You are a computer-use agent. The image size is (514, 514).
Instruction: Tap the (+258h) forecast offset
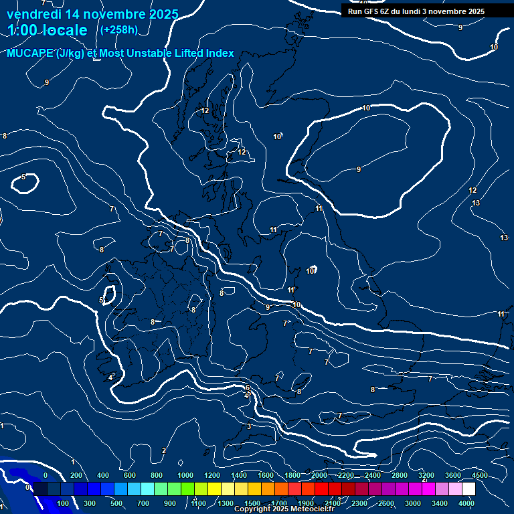pos(118,29)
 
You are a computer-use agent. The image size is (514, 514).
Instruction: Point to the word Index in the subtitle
pos(220,54)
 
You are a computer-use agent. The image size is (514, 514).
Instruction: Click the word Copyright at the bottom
pos(252,509)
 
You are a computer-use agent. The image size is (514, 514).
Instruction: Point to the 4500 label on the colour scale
pos(480,475)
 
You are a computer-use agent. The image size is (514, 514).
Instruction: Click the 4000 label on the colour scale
pos(466,503)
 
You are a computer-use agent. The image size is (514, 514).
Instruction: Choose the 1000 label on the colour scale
pos(185,475)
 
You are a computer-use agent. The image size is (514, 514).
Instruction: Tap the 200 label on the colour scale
pos(75,475)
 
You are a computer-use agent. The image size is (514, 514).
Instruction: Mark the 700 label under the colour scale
pos(143,503)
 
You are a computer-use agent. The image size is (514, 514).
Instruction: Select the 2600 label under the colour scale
pos(387,503)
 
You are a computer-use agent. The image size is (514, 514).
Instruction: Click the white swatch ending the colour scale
pos(468,489)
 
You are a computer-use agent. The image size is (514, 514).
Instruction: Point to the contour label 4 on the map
pos(110,377)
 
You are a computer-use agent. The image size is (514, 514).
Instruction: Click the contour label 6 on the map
pos(248,388)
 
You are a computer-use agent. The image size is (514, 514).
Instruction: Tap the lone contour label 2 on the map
pos(163,450)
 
